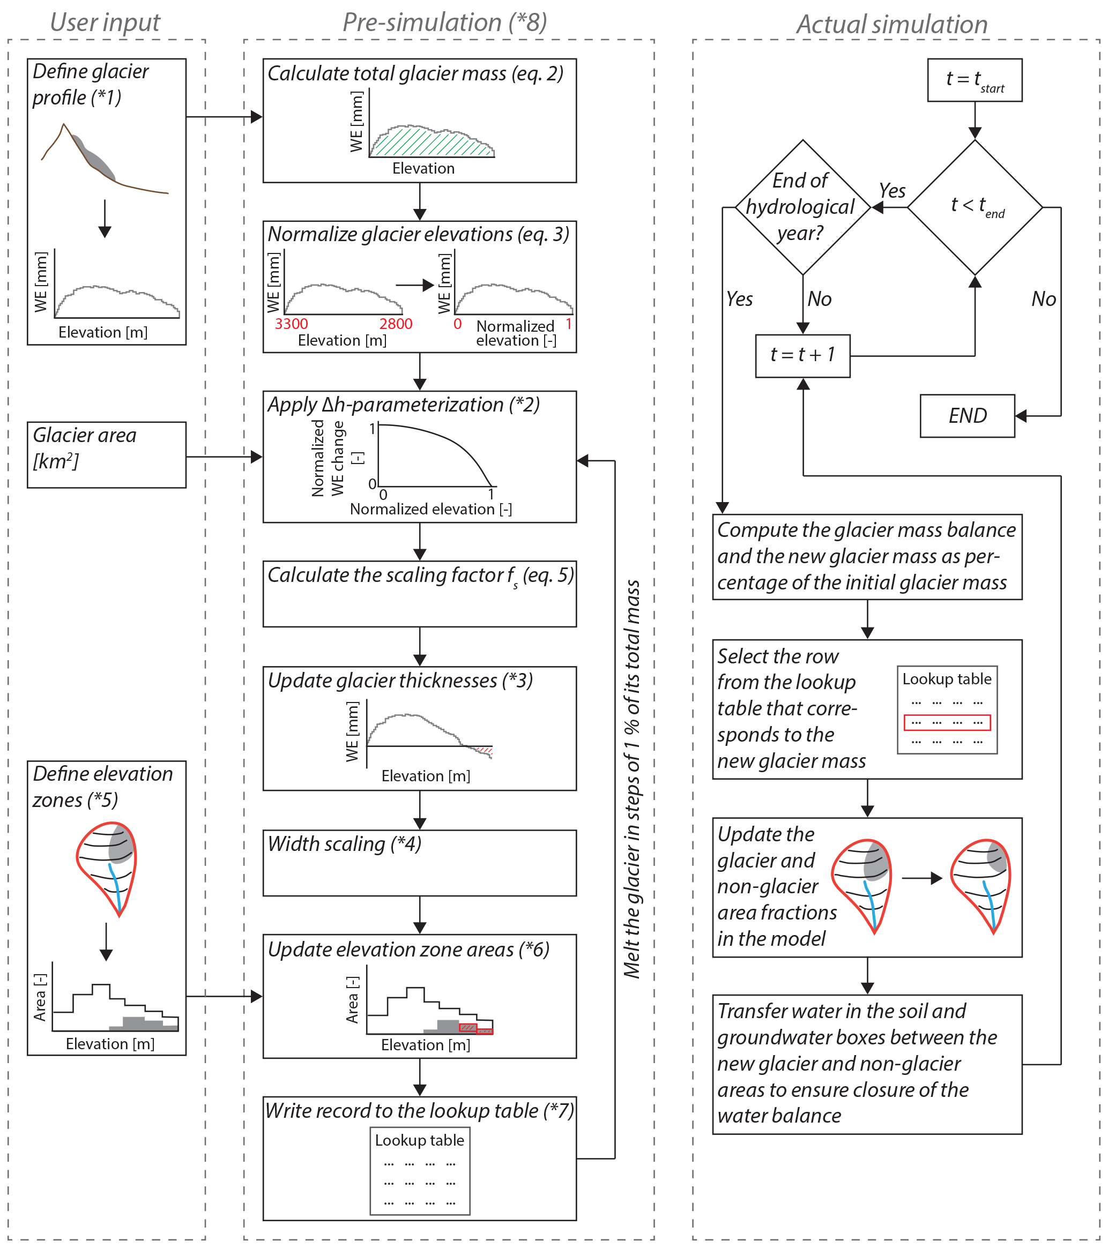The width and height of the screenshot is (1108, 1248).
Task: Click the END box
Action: [967, 416]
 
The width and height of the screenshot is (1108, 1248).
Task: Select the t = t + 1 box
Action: [802, 355]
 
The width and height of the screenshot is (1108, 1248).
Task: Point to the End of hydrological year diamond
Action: [801, 207]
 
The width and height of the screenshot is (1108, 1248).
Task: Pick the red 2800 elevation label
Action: [395, 324]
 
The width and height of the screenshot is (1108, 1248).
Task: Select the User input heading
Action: [105, 23]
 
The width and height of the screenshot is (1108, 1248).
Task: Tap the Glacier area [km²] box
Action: [106, 454]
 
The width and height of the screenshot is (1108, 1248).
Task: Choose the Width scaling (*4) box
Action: [419, 862]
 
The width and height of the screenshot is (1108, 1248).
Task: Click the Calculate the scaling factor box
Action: [419, 594]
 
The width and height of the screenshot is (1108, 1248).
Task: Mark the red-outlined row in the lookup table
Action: [946, 722]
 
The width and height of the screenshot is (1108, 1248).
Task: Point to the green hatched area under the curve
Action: [428, 144]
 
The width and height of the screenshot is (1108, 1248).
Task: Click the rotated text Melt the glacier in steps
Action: [631, 779]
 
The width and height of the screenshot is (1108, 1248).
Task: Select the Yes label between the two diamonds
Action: [892, 191]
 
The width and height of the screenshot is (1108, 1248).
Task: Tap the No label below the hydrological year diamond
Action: [819, 298]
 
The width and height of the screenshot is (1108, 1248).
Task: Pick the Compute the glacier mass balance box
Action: [866, 556]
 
